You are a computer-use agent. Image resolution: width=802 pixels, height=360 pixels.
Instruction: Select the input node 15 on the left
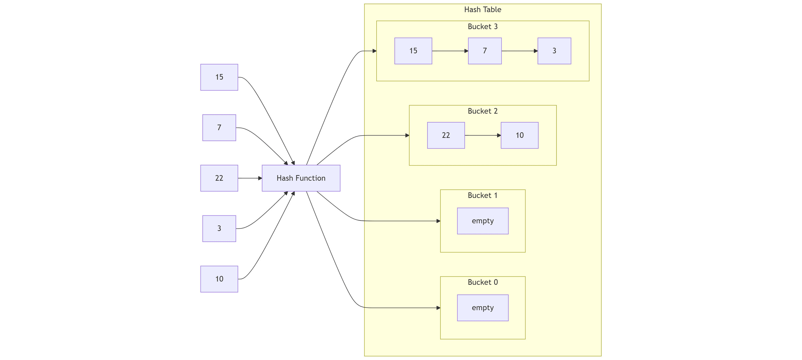coord(219,77)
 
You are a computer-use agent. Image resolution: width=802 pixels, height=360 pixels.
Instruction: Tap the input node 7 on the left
coord(219,128)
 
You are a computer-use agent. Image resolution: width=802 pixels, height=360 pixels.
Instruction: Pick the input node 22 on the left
coord(219,178)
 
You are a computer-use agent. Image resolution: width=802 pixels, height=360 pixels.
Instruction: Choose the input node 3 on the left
coord(219,229)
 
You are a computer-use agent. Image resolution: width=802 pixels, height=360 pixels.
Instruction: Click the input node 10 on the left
coord(219,279)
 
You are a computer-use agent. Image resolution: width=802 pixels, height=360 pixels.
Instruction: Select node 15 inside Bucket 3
coord(413,51)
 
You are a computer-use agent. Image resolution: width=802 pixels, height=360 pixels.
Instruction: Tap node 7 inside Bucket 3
coord(485,51)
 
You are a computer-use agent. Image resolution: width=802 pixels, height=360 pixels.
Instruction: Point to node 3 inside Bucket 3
coord(554,51)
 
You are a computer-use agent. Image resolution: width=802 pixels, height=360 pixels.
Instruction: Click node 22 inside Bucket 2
coord(446,136)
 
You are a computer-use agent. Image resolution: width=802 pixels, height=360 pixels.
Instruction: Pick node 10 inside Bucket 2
coord(519,136)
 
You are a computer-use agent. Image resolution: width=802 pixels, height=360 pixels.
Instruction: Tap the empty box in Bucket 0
coord(482,308)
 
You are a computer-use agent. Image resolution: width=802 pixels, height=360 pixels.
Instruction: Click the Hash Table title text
coord(482,10)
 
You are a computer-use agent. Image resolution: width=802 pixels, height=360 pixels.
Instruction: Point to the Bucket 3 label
coord(482,27)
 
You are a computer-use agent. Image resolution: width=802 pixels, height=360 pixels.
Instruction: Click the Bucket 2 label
coord(482,111)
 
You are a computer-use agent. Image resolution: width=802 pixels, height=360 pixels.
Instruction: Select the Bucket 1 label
coord(482,196)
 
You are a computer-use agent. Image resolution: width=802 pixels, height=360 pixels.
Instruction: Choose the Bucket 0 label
coord(482,282)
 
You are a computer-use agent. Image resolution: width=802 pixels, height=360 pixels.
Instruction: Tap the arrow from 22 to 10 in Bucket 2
coord(482,136)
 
